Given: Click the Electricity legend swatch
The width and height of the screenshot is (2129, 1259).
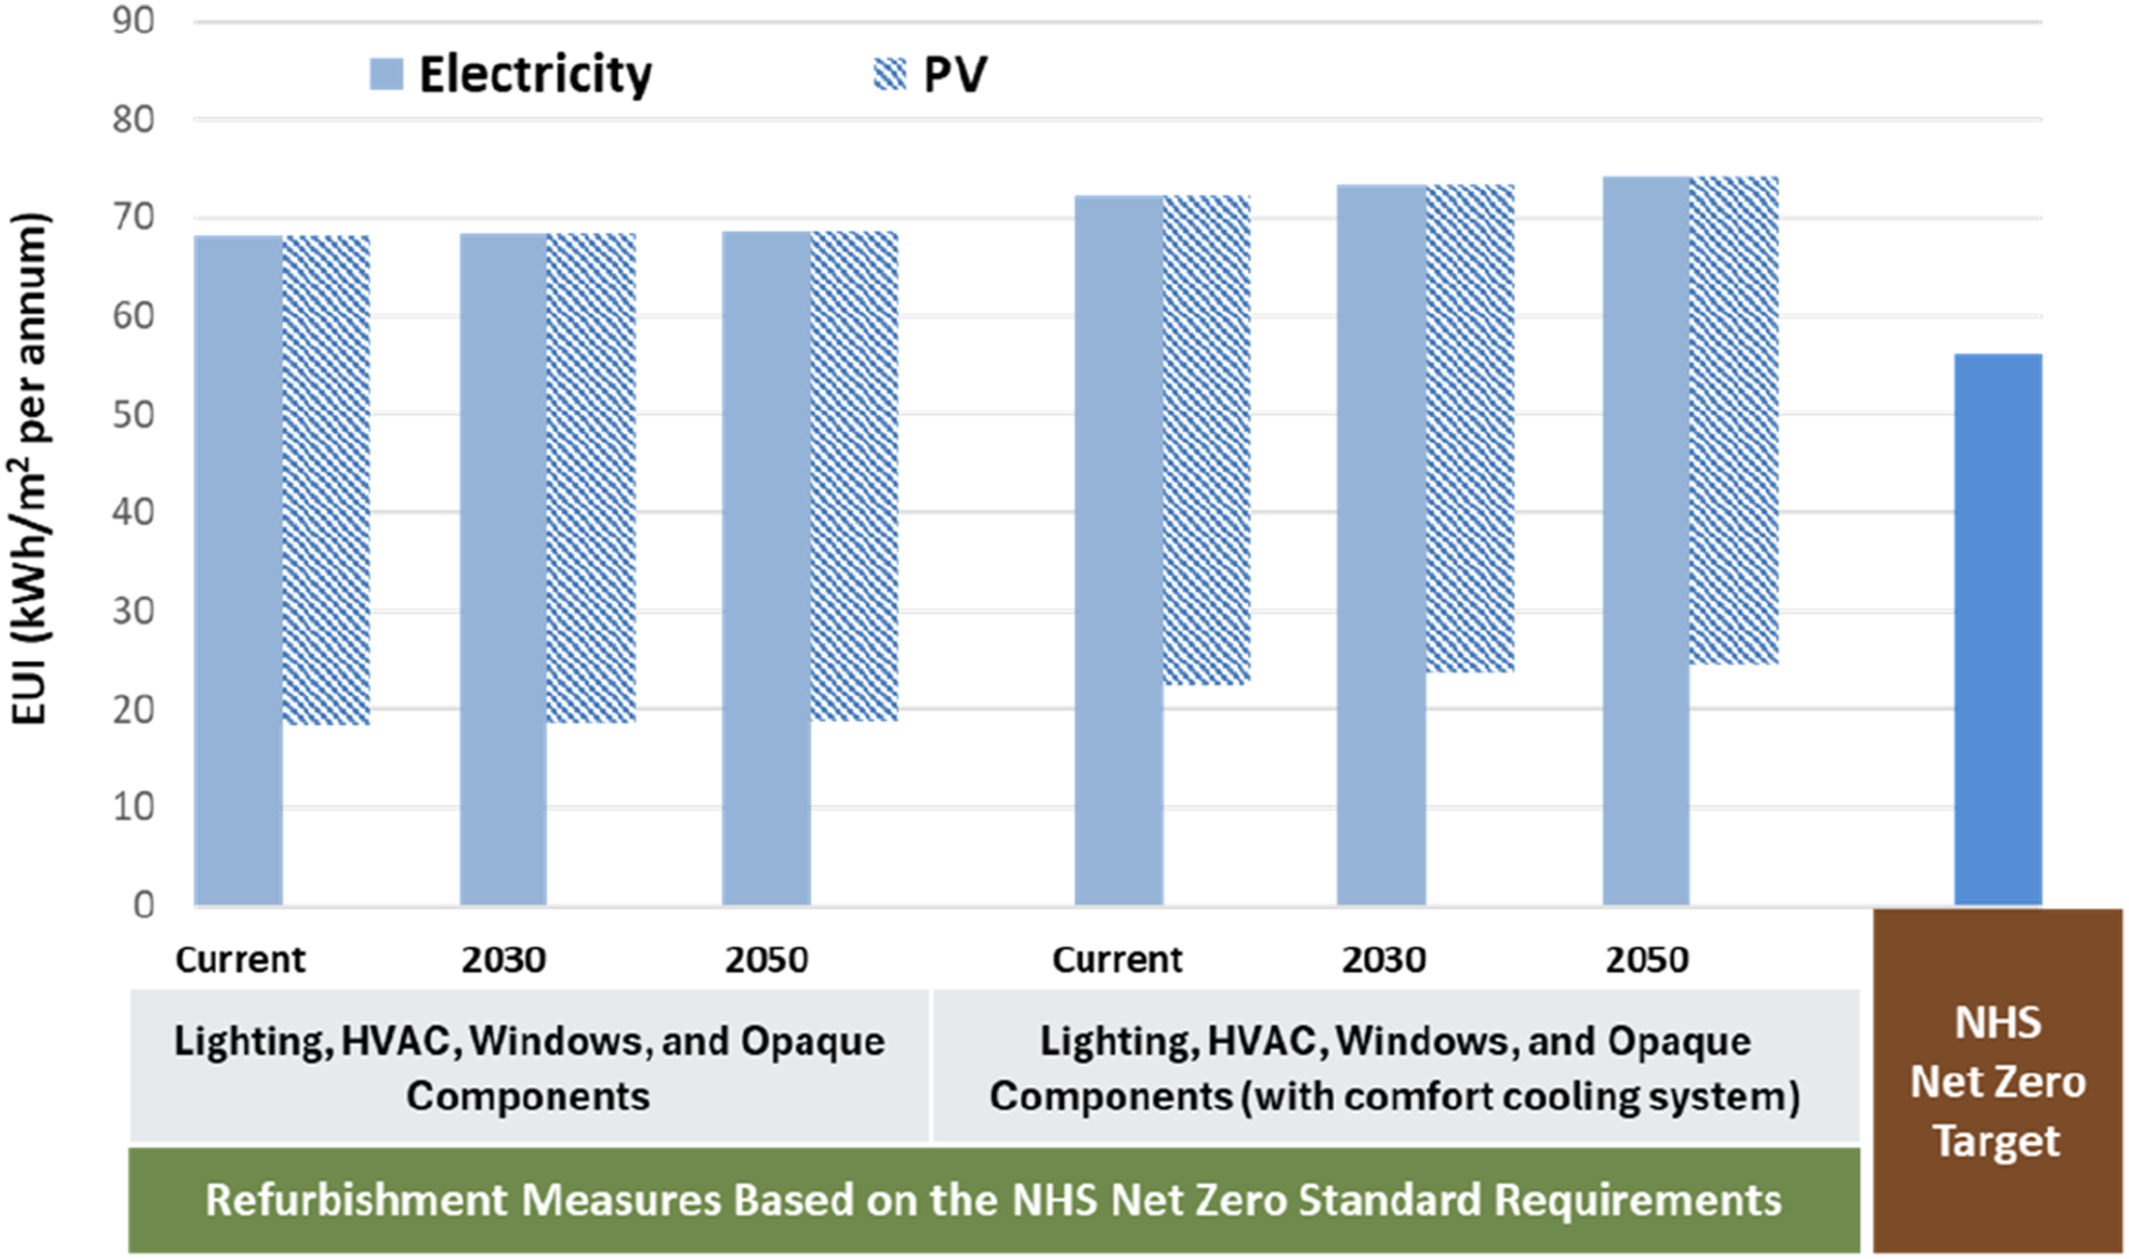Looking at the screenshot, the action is pyautogui.click(x=386, y=74).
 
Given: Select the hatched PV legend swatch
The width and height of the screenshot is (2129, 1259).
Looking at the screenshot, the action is pyautogui.click(x=890, y=74).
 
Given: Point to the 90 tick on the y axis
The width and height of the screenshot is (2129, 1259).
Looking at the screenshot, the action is pyautogui.click(x=133, y=21).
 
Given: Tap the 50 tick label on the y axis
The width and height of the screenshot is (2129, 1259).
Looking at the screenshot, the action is pyautogui.click(x=133, y=415).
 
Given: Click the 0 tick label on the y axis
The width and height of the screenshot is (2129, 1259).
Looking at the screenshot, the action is pyautogui.click(x=145, y=905).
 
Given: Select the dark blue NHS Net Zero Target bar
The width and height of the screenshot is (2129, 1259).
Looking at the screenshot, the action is pyautogui.click(x=1998, y=629).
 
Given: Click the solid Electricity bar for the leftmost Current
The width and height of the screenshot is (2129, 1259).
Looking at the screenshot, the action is pyautogui.click(x=239, y=571).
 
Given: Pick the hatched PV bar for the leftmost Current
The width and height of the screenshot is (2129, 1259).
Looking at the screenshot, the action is pyautogui.click(x=327, y=480).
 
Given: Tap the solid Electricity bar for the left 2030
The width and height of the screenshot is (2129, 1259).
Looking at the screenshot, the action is pyautogui.click(x=504, y=569).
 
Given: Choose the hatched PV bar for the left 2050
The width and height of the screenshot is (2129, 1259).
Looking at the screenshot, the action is pyautogui.click(x=854, y=476).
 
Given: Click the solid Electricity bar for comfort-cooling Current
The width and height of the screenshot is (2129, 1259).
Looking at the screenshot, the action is pyautogui.click(x=1120, y=551).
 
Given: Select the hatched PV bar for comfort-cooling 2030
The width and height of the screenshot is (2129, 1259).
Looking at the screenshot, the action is pyautogui.click(x=1470, y=429).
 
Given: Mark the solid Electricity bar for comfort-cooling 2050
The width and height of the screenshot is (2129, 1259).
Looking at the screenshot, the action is pyautogui.click(x=1646, y=541).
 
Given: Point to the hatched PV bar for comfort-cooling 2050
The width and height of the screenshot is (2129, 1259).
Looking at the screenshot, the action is pyautogui.click(x=1735, y=420).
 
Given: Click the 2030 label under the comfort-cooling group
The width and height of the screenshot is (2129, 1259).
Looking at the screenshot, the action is pyautogui.click(x=1384, y=960).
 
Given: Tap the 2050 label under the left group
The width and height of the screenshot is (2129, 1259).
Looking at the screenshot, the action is pyautogui.click(x=767, y=960).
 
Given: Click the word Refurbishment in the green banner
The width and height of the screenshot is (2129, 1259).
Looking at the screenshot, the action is pyautogui.click(x=357, y=1200).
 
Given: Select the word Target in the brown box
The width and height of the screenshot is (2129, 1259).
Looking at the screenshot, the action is pyautogui.click(x=1996, y=1142).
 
